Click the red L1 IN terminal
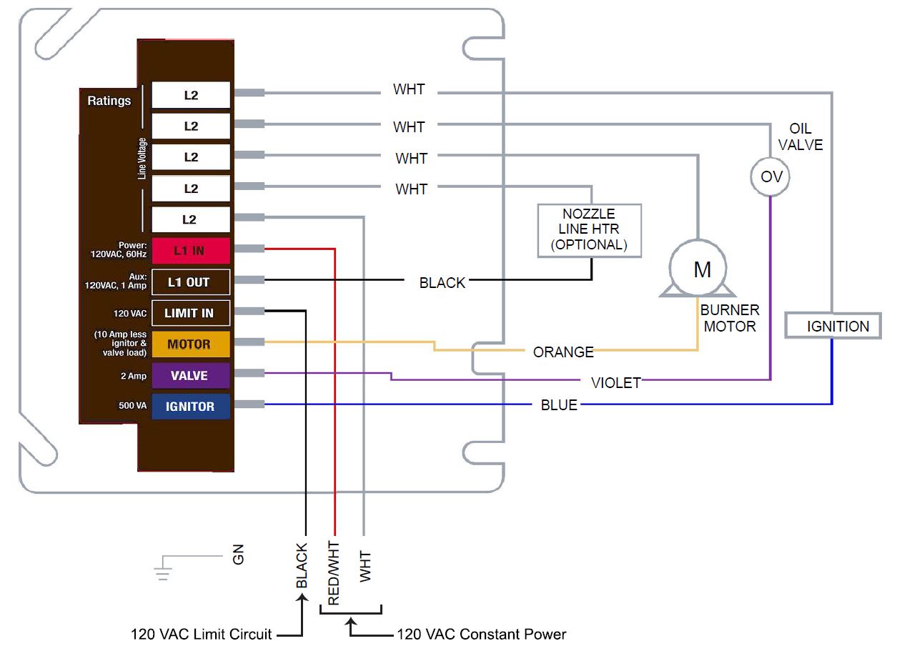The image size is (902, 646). [191, 251]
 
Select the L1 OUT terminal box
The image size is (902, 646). [191, 282]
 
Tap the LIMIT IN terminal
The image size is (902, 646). [191, 313]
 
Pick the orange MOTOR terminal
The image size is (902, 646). [191, 344]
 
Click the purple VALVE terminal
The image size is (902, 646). [191, 376]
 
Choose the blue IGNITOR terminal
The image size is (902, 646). [191, 407]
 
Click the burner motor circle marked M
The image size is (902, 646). [698, 269]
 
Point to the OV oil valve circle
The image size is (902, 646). [770, 176]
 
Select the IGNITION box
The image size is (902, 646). [833, 326]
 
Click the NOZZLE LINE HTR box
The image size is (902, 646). [589, 229]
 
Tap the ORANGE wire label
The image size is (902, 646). [563, 352]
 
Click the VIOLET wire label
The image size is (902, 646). [616, 383]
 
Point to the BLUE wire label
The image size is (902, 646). [559, 405]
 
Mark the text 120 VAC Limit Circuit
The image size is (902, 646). [202, 634]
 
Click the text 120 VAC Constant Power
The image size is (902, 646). [482, 634]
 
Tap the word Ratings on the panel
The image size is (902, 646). [109, 101]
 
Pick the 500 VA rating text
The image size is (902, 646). [132, 406]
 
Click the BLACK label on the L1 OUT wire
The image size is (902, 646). [442, 283]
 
